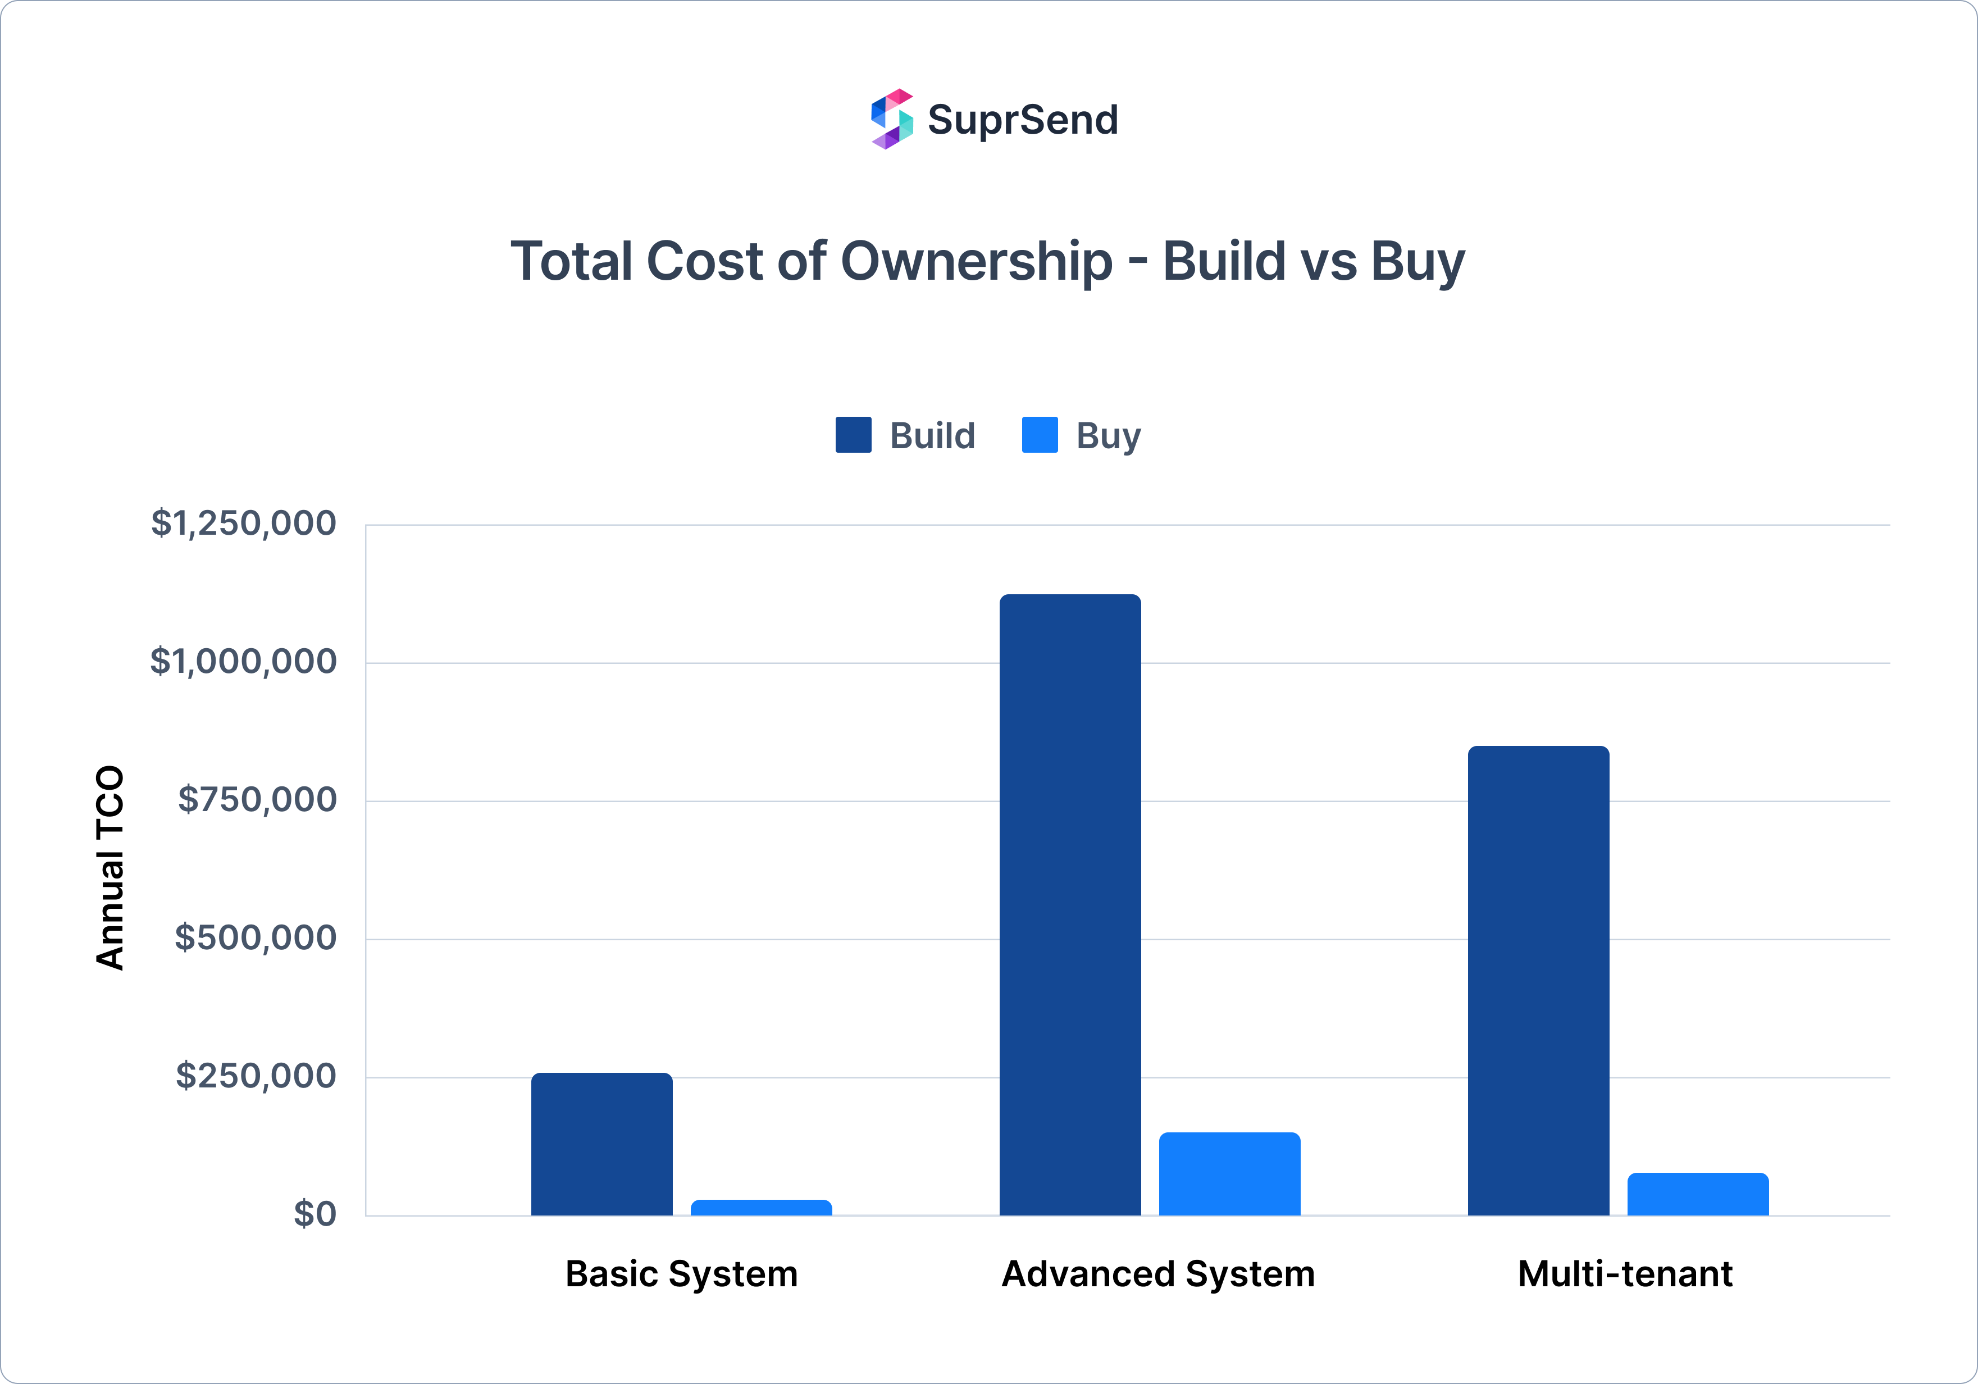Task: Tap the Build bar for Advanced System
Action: click(x=1070, y=905)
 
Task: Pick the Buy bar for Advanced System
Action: click(x=1229, y=1174)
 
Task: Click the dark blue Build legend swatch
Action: click(x=853, y=435)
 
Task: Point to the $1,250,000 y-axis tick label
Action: click(x=243, y=523)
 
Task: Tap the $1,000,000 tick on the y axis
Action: click(x=243, y=661)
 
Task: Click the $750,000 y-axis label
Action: click(x=257, y=800)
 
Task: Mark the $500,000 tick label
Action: click(x=255, y=937)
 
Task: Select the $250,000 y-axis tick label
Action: click(x=256, y=1076)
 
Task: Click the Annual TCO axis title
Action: click(x=110, y=868)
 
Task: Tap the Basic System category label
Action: click(x=681, y=1274)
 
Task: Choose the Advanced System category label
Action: click(x=1158, y=1274)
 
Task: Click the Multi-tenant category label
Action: click(x=1625, y=1274)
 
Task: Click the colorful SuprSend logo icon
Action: click(x=892, y=119)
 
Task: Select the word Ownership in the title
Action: click(x=976, y=261)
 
